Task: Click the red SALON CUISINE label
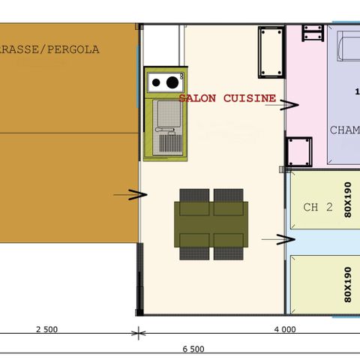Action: pos(226,98)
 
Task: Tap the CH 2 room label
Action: pos(317,207)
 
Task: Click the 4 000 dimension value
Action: pos(284,329)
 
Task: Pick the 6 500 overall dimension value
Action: pos(194,349)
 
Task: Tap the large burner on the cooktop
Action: pos(172,82)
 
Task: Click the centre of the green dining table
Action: pos(211,223)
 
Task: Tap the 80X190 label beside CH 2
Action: pos(347,199)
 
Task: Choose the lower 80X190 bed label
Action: pos(347,283)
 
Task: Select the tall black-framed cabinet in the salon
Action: pos(270,52)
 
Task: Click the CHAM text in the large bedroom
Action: pos(343,130)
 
